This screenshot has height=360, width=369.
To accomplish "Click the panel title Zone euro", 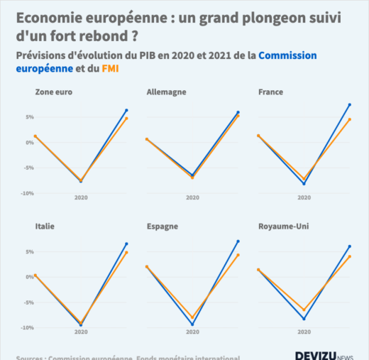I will (54, 92).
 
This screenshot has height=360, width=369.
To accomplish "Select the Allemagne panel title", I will (167, 92).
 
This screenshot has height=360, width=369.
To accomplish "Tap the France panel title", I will (271, 92).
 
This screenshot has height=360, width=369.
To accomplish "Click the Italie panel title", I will (45, 227).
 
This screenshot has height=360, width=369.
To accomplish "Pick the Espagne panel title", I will (163, 227).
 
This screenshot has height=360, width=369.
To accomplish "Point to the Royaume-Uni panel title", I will (283, 227).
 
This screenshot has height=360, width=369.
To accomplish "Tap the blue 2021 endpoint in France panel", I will (350, 104).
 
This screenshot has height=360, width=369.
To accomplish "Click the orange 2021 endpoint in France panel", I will (350, 119).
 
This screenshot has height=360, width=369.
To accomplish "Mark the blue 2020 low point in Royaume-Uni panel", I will (304, 319).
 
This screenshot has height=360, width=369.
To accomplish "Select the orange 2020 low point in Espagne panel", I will (192, 317).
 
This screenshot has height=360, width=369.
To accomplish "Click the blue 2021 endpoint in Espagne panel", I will (238, 241).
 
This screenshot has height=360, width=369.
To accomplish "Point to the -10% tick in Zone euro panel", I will (26, 193).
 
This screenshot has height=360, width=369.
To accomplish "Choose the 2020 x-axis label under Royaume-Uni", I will (304, 332).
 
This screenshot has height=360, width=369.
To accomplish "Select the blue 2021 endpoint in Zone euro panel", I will (126, 110).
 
